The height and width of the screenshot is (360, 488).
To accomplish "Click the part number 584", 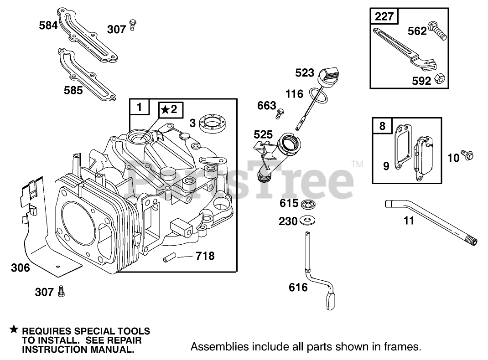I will [x=48, y=25].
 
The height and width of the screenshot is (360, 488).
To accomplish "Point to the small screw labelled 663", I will [x=281, y=110].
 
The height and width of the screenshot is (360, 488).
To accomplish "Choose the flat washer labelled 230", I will [x=308, y=221].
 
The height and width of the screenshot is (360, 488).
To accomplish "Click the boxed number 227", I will [x=384, y=17].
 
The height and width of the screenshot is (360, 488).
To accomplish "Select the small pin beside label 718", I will [x=167, y=259].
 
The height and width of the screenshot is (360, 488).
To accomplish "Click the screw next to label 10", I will [x=467, y=155].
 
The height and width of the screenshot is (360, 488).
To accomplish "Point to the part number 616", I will [x=298, y=287].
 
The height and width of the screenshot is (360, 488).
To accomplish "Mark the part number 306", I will [x=20, y=267].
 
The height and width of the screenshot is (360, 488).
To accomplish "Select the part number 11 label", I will [x=409, y=221].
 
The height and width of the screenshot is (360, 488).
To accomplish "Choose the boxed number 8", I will [x=382, y=126].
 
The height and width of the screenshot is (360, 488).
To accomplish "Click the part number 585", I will [x=73, y=90].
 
